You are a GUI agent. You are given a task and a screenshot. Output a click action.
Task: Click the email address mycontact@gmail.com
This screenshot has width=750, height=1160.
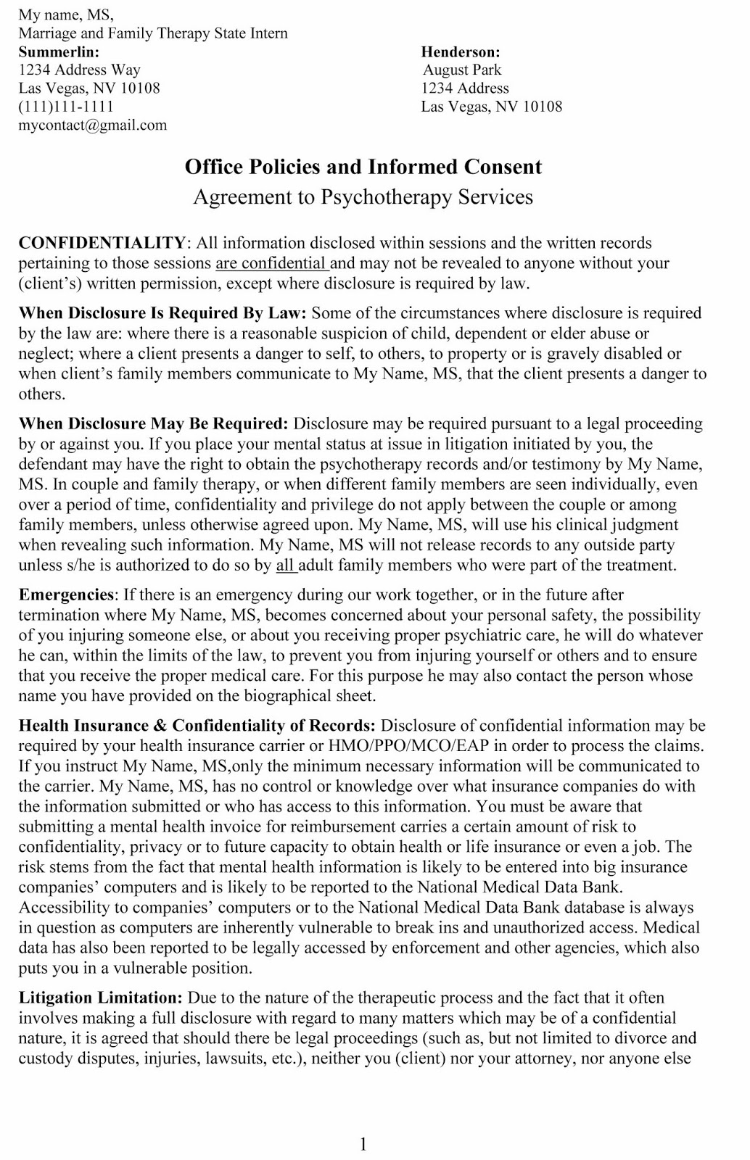coord(92,125)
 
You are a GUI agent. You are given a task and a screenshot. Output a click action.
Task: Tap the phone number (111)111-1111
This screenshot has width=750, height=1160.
coord(65,107)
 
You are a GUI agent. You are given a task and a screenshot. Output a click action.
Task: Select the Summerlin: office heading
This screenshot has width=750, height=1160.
coord(59,52)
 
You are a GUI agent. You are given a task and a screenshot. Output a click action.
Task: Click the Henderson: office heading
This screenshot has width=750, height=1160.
coord(461,52)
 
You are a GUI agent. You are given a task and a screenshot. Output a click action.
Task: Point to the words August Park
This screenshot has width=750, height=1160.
coord(463,70)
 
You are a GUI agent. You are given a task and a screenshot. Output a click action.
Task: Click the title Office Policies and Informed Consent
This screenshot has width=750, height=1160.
coord(363,167)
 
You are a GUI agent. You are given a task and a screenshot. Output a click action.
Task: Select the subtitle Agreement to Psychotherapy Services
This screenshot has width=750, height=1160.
coord(363,197)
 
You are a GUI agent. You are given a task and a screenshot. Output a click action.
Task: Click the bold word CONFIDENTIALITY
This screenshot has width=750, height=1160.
coord(102,243)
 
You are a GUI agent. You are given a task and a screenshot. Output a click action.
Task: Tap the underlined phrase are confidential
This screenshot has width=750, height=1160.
coord(271,263)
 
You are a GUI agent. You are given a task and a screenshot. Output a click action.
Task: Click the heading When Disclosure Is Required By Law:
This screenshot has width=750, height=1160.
coord(163,313)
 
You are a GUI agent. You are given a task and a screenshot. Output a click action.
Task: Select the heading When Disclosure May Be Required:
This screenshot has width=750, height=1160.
coord(153,423)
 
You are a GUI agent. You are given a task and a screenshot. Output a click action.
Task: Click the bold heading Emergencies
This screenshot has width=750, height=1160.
coord(66,595)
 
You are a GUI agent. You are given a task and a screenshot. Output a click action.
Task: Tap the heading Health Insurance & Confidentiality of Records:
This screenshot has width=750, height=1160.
coord(197,726)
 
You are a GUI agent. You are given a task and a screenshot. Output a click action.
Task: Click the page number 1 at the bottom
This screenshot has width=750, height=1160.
coord(363,1124)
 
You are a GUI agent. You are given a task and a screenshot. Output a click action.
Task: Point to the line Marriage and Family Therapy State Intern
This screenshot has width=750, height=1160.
coord(153,33)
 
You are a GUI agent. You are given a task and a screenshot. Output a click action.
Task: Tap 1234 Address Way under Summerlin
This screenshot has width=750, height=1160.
coord(79,70)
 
